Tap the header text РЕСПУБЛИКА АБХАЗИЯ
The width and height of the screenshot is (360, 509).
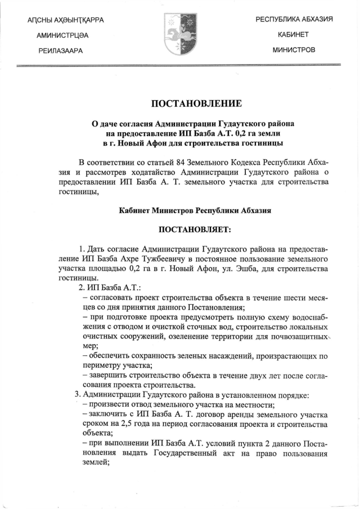(x=294, y=20)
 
